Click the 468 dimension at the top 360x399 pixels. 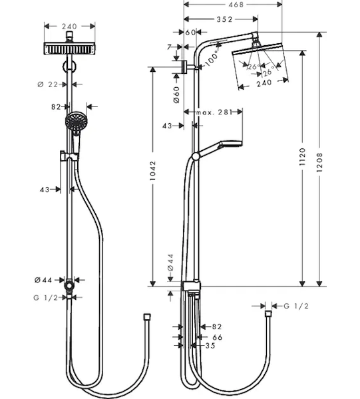point(236,5)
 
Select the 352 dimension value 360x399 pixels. point(224,19)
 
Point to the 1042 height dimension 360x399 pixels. point(152,170)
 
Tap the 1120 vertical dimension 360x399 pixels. point(302,157)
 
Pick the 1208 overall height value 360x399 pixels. point(319,162)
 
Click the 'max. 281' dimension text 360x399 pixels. point(214,112)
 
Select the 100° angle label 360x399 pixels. point(212,59)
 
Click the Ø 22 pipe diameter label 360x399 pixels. point(48,84)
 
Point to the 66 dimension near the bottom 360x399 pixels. point(218,337)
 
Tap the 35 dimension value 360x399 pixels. point(210,346)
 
